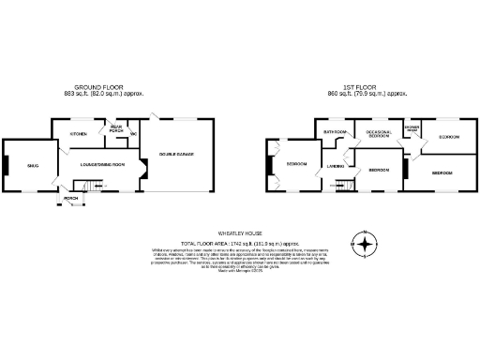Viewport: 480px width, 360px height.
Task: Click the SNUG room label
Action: [32, 165]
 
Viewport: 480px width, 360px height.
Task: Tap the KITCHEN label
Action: [78, 134]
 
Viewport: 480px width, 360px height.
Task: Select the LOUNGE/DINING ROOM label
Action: [97, 165]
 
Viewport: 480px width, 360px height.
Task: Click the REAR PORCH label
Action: [116, 129]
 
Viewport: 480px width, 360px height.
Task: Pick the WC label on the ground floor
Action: [134, 134]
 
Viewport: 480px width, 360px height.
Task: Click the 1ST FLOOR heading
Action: [364, 85]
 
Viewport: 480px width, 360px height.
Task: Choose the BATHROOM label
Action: [336, 132]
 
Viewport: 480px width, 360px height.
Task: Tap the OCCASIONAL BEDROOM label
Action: [378, 134]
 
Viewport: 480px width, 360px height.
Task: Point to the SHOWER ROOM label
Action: [411, 128]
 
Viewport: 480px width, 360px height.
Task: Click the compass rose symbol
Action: [365, 246]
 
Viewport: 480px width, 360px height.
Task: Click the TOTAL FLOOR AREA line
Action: [240, 241]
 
